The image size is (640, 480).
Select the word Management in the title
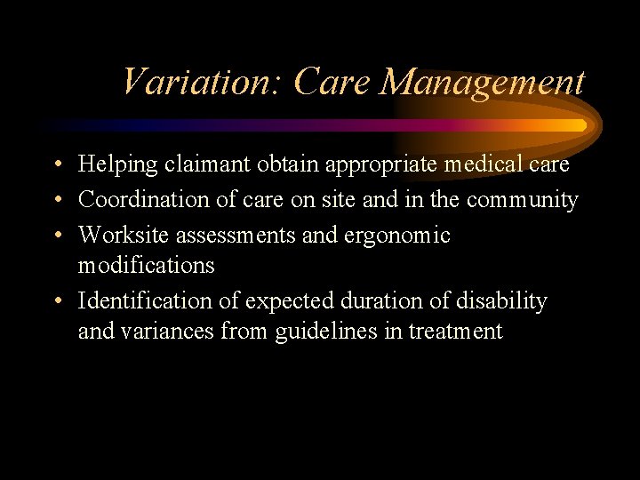click(x=482, y=83)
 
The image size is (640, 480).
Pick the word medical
click(x=485, y=165)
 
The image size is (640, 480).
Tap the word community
click(x=522, y=201)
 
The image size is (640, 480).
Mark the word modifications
click(x=146, y=266)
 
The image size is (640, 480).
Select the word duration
click(x=380, y=301)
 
